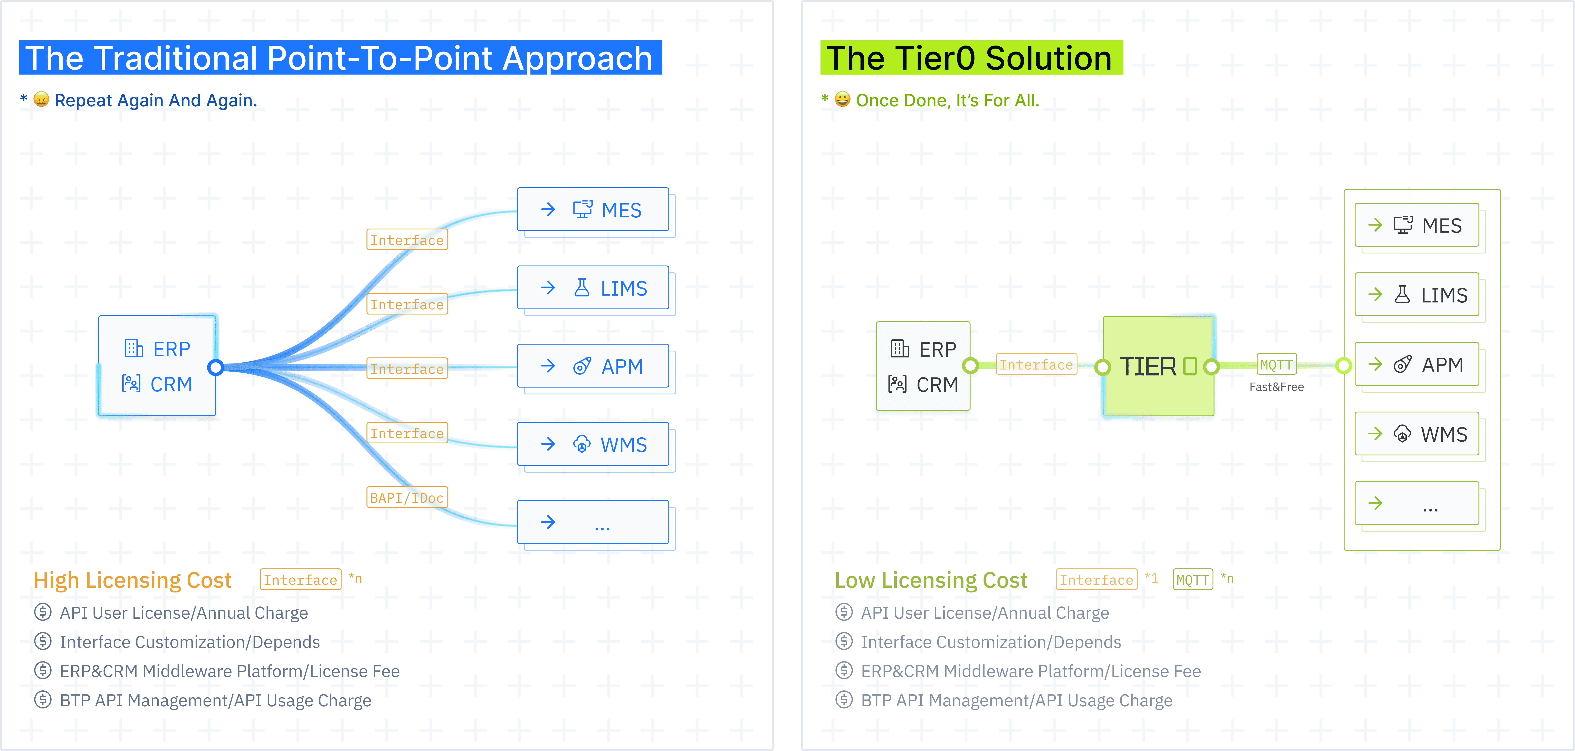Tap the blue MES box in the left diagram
[593, 210]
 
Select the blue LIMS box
[593, 288]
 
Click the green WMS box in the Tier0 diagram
[1417, 434]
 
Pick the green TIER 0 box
[1159, 366]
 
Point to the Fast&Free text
[1277, 387]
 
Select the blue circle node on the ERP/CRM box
[215, 367]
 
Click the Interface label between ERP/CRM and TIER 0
[1036, 365]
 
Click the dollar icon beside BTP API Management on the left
[43, 700]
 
